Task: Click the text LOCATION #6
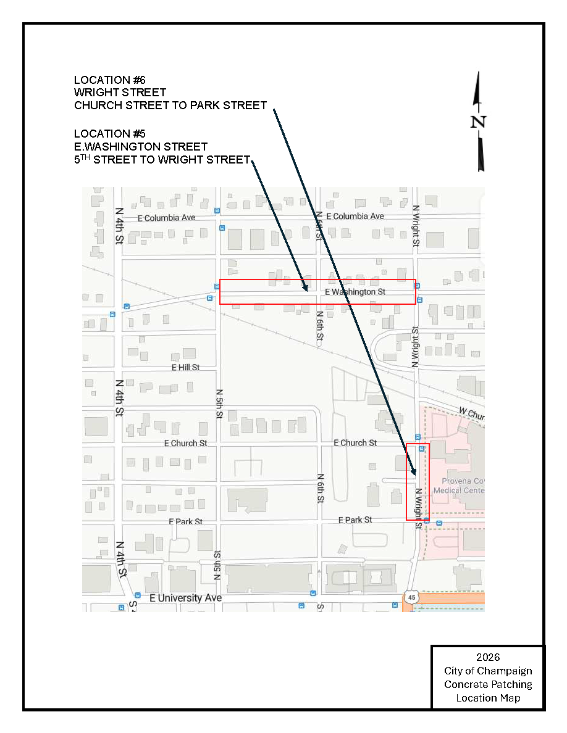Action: (109, 80)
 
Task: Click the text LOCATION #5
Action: (109, 134)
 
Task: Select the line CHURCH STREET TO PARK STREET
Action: (170, 106)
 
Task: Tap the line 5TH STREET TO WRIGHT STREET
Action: (161, 160)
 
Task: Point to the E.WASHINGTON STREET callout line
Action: (141, 147)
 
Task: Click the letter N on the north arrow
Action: (478, 122)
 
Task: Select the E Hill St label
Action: (185, 367)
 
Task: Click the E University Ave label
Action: (185, 598)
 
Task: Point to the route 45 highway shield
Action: (413, 597)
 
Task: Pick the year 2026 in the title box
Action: (488, 657)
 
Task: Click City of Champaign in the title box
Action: (488, 671)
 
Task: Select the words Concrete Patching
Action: (488, 684)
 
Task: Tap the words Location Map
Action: (488, 698)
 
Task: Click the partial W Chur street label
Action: (471, 413)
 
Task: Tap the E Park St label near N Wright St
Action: (355, 520)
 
